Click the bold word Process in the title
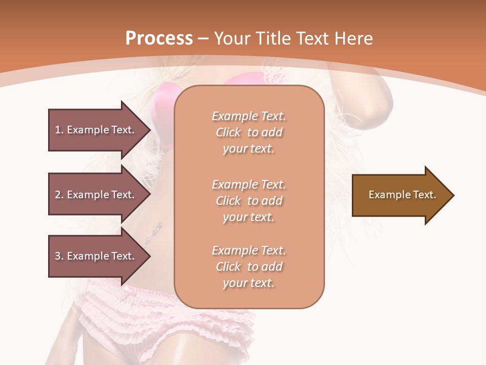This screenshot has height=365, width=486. coord(159,38)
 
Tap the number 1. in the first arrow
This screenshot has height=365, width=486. coord(59,130)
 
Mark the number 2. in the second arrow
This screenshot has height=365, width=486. coord(59,195)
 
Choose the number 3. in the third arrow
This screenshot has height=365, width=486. coord(59,256)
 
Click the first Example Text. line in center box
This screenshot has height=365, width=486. coord(249,116)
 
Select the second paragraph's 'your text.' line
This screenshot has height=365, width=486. coord(249,217)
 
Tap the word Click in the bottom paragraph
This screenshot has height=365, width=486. coord(228,267)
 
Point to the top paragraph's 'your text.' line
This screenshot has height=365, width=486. coord(249,149)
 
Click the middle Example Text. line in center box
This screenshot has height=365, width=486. coord(249,184)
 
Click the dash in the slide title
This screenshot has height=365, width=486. coord(204,39)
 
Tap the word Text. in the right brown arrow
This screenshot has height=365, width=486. coord(424,195)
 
